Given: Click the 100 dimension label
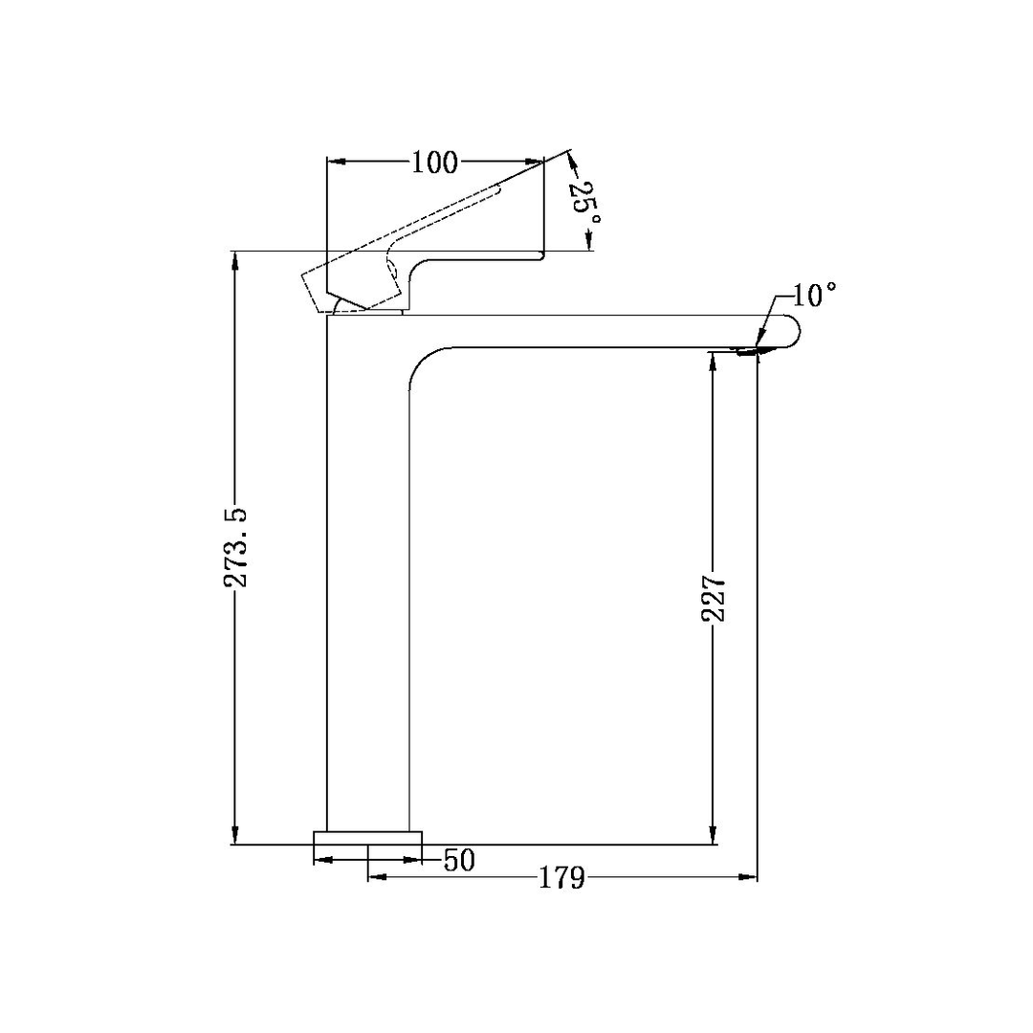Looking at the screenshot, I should tap(435, 162).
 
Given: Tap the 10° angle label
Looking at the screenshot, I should tap(814, 295).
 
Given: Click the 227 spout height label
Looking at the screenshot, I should tap(714, 599).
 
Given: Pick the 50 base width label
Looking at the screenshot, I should tap(459, 860).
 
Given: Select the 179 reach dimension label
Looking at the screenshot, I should tap(560, 877).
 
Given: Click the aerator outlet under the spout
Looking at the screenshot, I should tap(749, 352).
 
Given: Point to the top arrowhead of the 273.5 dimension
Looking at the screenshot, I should tap(233, 261).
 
